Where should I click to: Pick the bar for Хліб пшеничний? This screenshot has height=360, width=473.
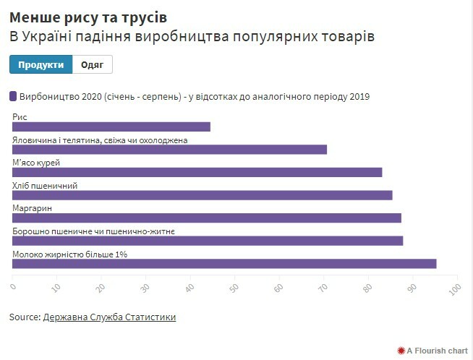point(203,195)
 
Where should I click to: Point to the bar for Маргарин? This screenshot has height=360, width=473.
point(207,218)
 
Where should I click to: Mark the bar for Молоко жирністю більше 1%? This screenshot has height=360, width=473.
point(224,263)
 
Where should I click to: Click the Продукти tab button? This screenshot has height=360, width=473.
point(41,64)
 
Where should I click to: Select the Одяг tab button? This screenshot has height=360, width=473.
point(93,64)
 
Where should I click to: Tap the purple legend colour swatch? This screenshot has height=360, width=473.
point(13,96)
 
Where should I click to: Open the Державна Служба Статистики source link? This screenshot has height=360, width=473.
point(109,317)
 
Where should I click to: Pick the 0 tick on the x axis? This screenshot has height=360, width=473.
point(13,288)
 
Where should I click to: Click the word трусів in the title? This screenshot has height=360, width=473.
point(150,17)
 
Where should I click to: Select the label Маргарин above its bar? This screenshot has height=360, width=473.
point(33,208)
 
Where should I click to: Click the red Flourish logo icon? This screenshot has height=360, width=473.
point(400,350)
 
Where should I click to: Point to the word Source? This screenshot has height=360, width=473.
point(25,317)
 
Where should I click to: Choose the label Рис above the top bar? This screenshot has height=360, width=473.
point(20,117)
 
